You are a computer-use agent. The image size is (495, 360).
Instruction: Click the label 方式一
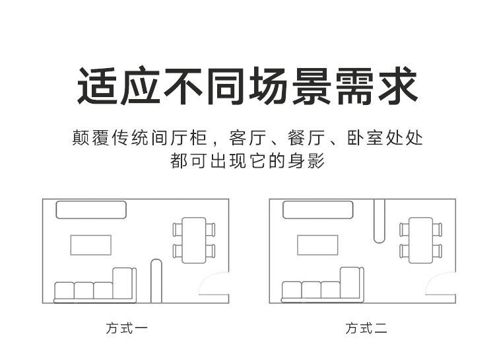[127, 327]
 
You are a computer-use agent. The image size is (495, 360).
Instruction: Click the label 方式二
[366, 327]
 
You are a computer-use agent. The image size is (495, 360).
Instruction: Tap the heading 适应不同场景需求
[247, 87]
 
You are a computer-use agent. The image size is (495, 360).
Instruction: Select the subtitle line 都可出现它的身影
[247, 161]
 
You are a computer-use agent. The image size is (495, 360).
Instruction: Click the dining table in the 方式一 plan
[194, 240]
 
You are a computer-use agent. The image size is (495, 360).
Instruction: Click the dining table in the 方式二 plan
[420, 240]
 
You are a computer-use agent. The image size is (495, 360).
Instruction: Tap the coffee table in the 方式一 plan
[91, 244]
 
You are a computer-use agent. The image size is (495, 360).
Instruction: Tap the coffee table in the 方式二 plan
[317, 244]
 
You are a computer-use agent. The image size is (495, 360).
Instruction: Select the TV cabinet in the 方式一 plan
[91, 210]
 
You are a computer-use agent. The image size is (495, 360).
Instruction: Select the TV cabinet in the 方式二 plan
[318, 210]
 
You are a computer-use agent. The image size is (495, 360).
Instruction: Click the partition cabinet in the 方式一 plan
[156, 280]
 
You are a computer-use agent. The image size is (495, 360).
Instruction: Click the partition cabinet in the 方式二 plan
[379, 221]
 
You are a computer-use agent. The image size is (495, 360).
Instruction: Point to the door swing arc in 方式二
[439, 285]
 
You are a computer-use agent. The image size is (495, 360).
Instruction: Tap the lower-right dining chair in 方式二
[438, 252]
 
